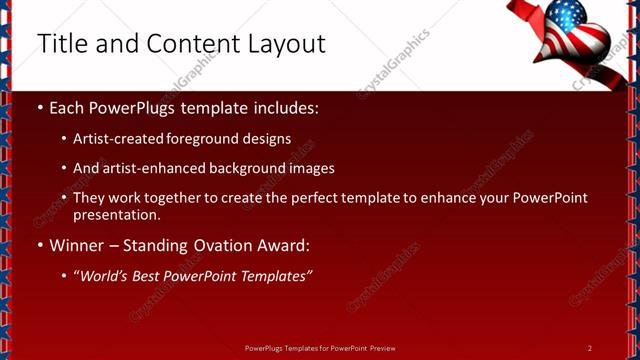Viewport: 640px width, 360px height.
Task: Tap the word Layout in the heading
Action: coord(287,44)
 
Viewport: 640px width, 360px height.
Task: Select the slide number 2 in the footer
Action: coord(590,348)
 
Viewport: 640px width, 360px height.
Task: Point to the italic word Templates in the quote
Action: coord(275,275)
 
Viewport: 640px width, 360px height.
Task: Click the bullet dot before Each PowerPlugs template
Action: coord(40,107)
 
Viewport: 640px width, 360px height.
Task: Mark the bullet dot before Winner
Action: coord(40,245)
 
